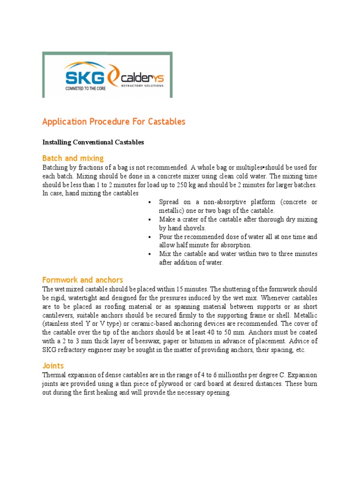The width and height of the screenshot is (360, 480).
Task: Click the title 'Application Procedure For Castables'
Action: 114,122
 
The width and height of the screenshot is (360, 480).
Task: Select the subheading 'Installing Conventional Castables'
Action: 93,142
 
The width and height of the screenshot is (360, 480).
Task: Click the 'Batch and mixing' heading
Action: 73,158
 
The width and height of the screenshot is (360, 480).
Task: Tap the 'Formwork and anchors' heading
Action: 82,280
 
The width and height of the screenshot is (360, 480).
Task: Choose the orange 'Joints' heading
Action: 53,365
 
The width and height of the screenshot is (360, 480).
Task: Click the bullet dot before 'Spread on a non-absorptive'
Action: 149,202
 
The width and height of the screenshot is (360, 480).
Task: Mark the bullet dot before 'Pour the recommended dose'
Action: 149,237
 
